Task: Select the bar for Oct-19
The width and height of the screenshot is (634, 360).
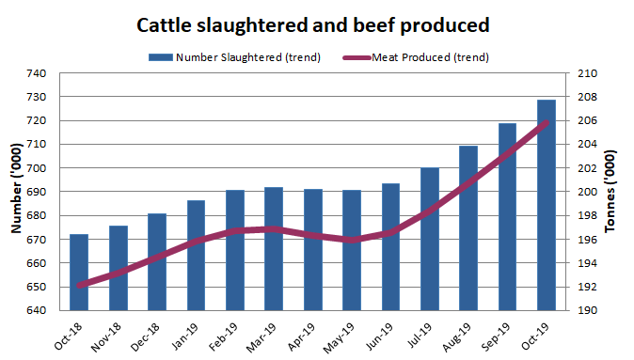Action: coord(547,205)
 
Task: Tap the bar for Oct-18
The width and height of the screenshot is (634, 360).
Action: coord(79,273)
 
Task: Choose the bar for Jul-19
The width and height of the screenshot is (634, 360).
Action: coord(430,239)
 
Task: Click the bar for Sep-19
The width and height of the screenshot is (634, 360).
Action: coord(507,217)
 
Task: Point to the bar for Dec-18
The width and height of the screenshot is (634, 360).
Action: coord(157,261)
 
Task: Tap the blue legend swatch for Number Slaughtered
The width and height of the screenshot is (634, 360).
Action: coord(160,57)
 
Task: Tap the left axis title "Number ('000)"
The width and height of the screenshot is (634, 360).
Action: coord(15,192)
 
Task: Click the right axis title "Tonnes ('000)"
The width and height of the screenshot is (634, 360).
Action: coord(619,192)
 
